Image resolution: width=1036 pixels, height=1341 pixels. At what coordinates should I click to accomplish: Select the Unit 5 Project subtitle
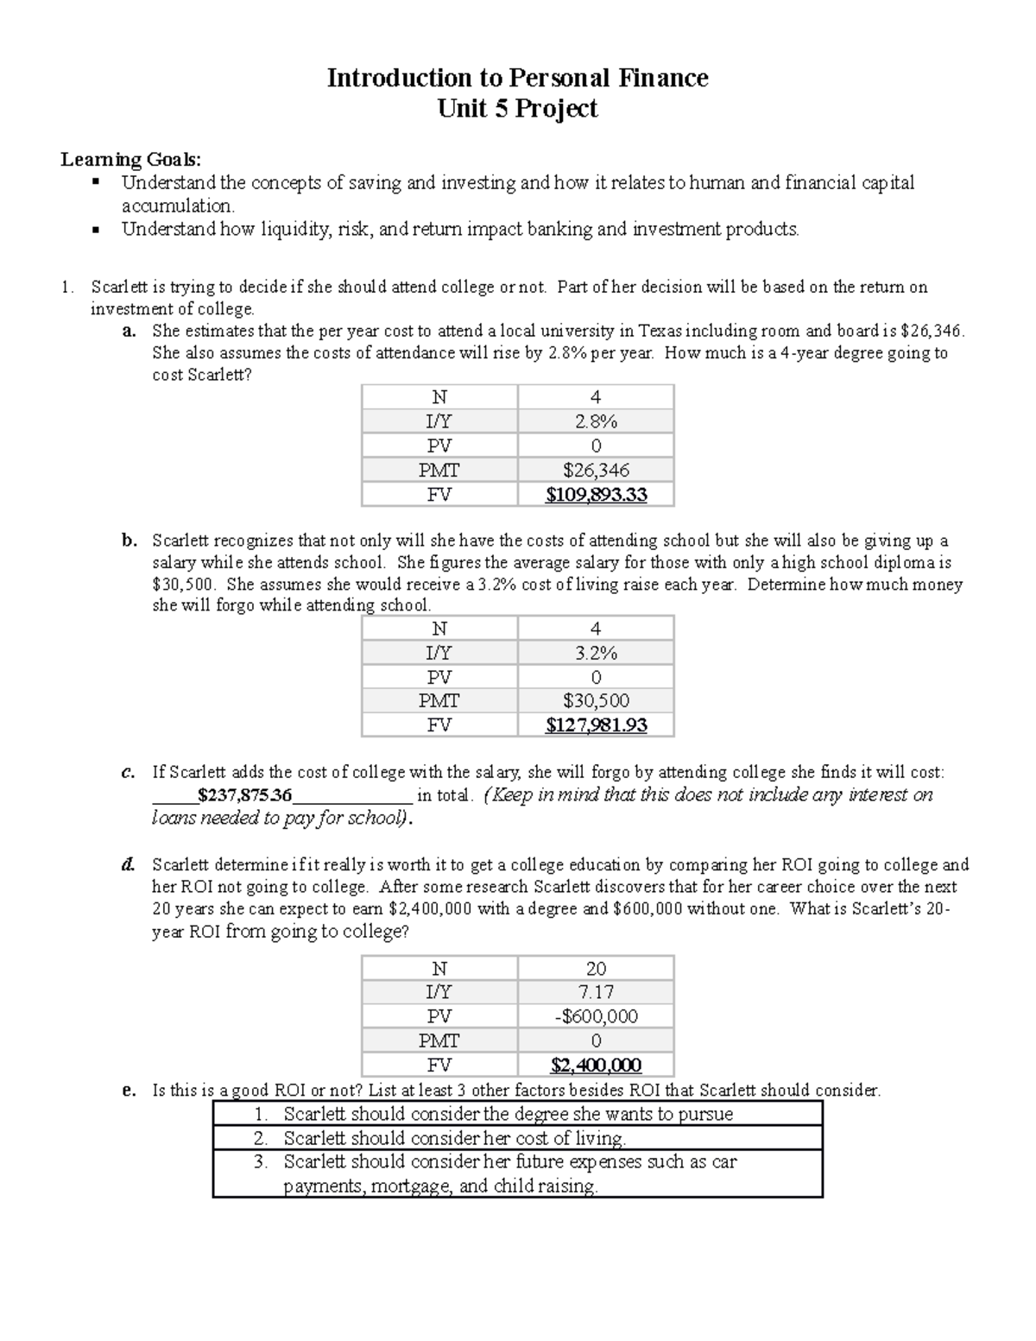click(x=517, y=109)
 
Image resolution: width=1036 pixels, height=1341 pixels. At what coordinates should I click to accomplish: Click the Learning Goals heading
click(x=130, y=160)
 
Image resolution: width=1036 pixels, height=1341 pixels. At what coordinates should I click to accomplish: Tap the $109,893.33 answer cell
click(x=596, y=495)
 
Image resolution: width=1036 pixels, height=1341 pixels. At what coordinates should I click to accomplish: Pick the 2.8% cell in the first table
click(x=596, y=421)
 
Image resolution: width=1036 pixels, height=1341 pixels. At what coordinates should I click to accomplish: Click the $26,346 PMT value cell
click(x=596, y=471)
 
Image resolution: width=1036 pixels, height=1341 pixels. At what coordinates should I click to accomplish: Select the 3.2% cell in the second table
click(x=596, y=653)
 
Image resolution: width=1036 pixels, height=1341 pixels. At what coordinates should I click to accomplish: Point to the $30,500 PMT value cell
click(x=596, y=701)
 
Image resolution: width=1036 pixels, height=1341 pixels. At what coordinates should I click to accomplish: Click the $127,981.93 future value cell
click(x=596, y=725)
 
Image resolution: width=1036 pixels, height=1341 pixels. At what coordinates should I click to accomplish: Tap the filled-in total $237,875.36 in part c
click(x=244, y=795)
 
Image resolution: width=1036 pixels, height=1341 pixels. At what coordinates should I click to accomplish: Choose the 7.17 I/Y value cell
click(x=596, y=992)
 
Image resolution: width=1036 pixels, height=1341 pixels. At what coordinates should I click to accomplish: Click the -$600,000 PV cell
click(x=596, y=1016)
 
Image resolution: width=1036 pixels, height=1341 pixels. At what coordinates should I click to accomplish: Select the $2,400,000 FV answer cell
click(x=596, y=1065)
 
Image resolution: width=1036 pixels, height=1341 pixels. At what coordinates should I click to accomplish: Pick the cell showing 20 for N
click(x=596, y=968)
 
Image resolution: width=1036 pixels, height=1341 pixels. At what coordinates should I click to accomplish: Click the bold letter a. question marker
click(x=129, y=331)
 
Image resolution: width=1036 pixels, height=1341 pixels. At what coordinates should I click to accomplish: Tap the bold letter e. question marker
click(x=129, y=1091)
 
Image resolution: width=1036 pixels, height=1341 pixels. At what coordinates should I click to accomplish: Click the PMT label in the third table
click(x=439, y=1041)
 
